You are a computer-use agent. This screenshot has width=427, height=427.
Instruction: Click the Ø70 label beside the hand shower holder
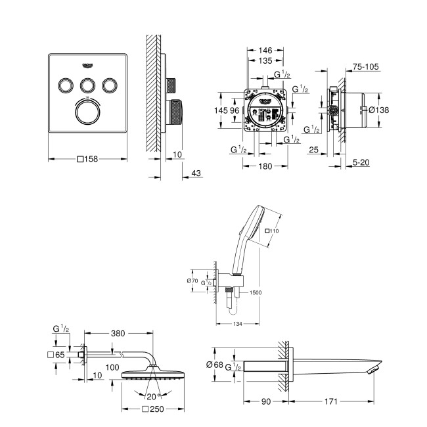(192, 281)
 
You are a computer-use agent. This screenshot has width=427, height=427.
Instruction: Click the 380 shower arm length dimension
(118, 333)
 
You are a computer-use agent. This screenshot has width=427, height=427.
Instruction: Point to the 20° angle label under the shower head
(154, 395)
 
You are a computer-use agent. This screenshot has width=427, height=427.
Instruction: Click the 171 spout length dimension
(334, 401)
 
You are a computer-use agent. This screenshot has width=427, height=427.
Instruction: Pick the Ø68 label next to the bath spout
(221, 364)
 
